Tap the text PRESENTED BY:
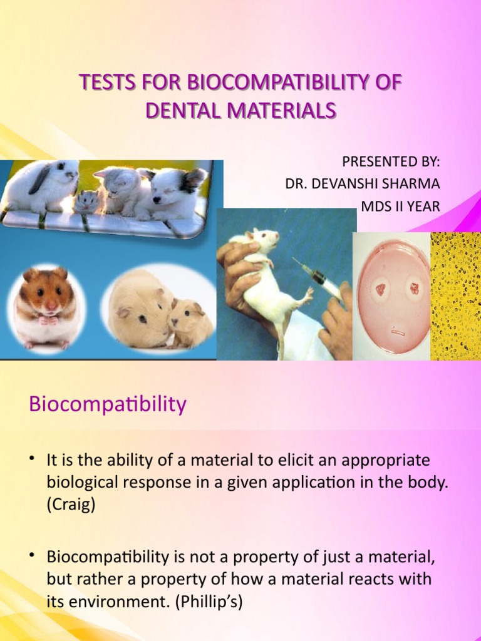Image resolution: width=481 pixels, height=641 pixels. click(391, 162)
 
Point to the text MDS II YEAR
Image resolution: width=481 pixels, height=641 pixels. click(400, 206)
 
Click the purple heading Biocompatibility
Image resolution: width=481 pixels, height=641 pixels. click(108, 404)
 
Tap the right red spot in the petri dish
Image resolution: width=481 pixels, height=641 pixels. click(414, 289)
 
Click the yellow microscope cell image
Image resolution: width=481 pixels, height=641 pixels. click(455, 295)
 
